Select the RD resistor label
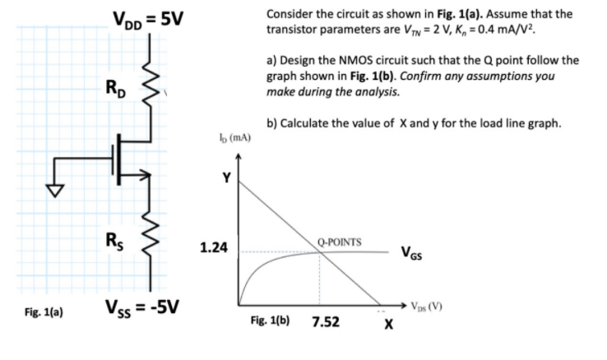click(116, 85)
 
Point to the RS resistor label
click(116, 241)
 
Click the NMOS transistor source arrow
click(145, 174)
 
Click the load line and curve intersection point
click(321, 252)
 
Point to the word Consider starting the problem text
click(289, 15)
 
